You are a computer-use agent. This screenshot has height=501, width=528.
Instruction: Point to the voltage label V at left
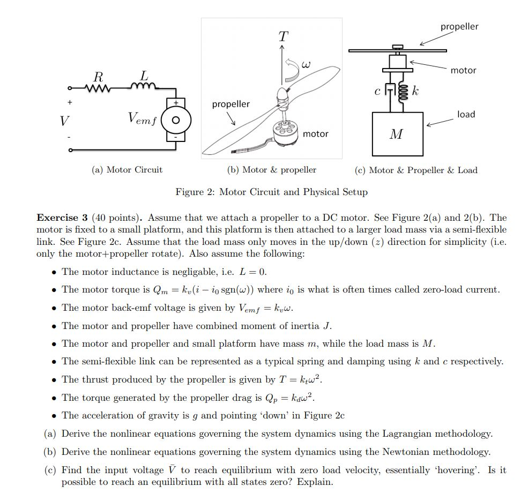[64, 121]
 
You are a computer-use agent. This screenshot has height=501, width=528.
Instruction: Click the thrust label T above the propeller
[283, 36]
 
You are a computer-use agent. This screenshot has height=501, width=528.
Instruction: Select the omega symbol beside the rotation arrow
[306, 65]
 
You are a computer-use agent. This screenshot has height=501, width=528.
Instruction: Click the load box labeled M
[397, 134]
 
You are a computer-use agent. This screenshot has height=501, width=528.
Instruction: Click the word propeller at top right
[459, 26]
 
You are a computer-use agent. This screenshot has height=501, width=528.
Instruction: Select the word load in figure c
[466, 114]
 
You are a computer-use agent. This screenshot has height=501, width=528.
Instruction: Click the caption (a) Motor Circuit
[127, 170]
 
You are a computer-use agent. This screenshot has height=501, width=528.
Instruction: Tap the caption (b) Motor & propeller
[272, 170]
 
